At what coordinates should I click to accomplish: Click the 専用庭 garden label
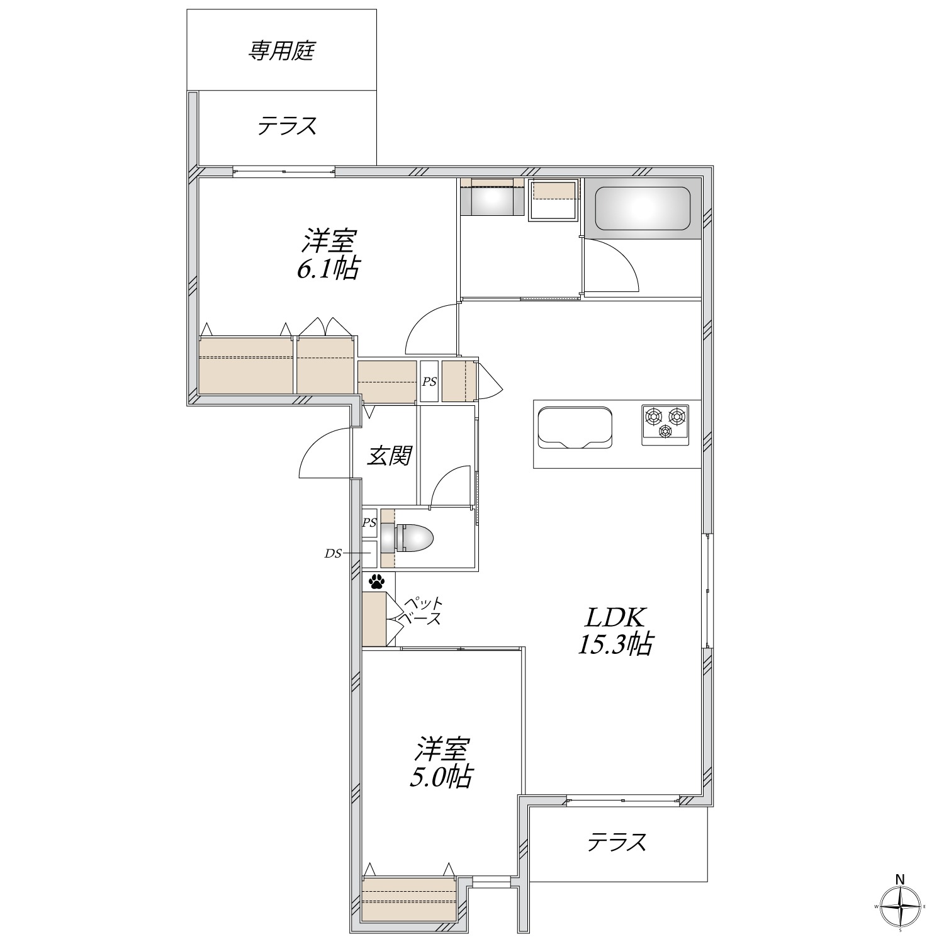tap(281, 51)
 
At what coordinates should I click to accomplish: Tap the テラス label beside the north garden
tap(286, 126)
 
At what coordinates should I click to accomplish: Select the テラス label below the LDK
tap(617, 842)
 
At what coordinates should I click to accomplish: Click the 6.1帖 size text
tap(328, 270)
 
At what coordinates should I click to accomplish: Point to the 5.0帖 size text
tap(441, 778)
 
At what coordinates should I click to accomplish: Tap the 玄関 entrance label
tap(389, 456)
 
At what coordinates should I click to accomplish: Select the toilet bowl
tap(408, 539)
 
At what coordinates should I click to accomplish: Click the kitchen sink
tap(573, 427)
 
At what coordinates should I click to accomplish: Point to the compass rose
tap(901, 907)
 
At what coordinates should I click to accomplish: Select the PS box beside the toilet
tap(369, 523)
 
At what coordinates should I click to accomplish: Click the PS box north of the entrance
tap(429, 381)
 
